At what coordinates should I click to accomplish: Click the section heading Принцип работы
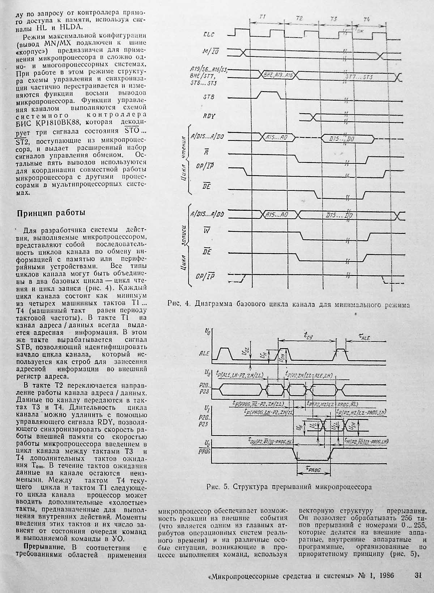coord(51,213)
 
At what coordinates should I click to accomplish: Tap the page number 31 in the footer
coord(418,575)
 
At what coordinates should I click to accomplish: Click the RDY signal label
coord(209,116)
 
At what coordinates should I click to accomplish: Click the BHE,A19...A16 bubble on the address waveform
coord(278,75)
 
